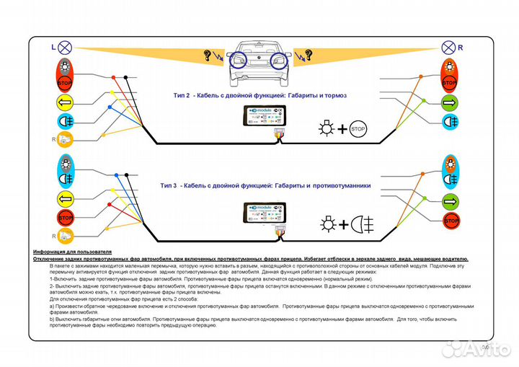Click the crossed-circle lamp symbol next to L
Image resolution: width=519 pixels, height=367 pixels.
(65, 48)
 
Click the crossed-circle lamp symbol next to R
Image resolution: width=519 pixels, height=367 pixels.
(447, 48)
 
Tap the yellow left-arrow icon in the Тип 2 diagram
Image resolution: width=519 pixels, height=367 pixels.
(64, 102)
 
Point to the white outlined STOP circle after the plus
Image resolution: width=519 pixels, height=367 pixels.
(359, 130)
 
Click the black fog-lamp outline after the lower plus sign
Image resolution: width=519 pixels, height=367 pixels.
(363, 224)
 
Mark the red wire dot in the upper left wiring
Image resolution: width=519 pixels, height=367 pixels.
(112, 95)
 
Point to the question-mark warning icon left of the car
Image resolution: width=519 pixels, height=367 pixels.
(211, 55)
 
